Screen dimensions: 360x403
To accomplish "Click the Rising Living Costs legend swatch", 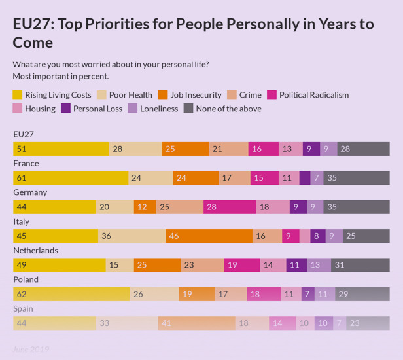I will tap(18, 95).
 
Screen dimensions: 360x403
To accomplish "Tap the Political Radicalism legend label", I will tap(314, 95).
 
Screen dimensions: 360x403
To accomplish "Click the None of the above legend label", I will tap(228, 109).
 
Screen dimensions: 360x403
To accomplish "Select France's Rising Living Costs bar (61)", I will tap(71, 177).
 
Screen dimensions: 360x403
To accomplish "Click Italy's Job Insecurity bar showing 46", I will tap(209, 236).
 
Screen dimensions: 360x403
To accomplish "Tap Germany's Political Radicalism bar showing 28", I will tap(229, 207).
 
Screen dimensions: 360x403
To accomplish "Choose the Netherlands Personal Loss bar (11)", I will tap(296, 264).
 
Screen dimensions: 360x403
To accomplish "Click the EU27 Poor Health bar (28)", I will tap(135, 149).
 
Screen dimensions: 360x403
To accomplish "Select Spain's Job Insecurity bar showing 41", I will tap(196, 323).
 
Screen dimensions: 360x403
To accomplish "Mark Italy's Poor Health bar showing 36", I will tap(131, 236).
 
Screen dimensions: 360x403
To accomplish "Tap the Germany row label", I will tap(30, 192).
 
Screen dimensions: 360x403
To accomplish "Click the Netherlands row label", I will tap(36, 250).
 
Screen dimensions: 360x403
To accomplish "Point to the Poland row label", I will tap(26, 279).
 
